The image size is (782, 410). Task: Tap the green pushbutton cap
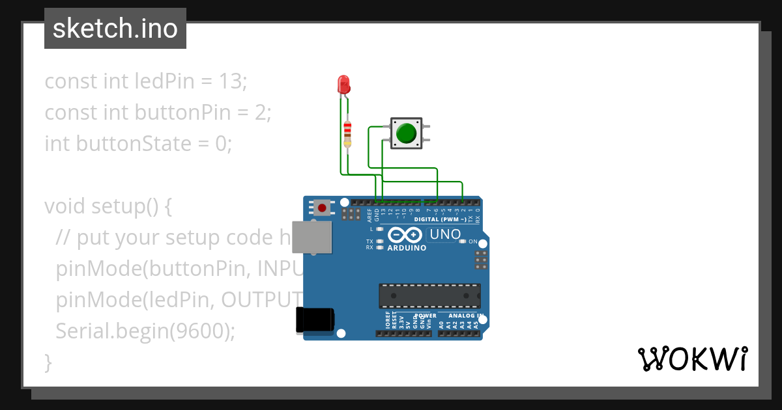[x=406, y=133]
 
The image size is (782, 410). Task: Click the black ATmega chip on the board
[x=430, y=295]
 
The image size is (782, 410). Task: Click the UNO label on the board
[x=446, y=234]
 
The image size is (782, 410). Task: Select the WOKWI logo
[x=692, y=359]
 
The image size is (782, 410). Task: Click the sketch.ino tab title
[x=115, y=29]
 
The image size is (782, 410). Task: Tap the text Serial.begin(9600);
[x=145, y=331]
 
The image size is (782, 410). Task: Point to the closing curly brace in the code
[x=48, y=362]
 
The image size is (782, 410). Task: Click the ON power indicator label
[x=473, y=241]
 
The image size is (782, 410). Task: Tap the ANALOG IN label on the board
[x=465, y=316]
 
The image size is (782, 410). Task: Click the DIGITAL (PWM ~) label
[x=444, y=219]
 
